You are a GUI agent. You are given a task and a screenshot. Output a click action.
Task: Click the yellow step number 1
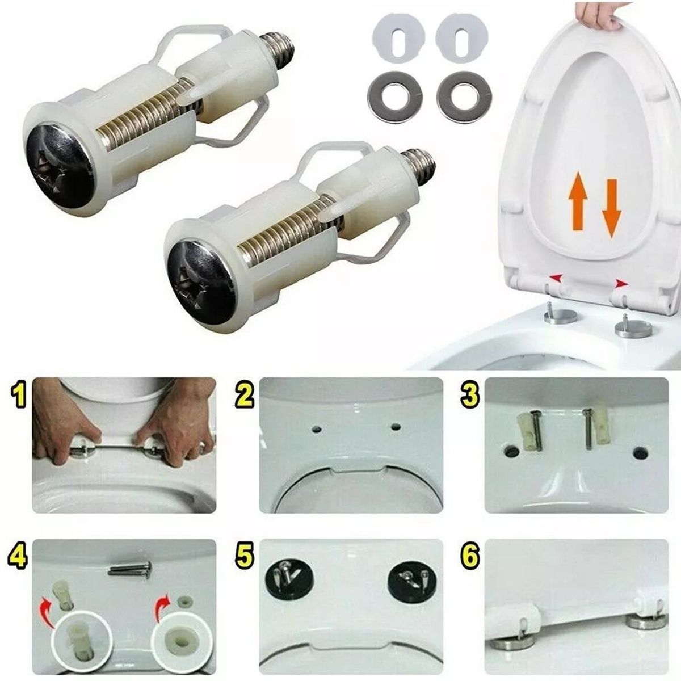coord(19,396)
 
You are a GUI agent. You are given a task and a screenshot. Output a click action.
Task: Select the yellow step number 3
coord(469,396)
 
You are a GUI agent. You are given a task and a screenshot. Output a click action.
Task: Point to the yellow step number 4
coord(19,557)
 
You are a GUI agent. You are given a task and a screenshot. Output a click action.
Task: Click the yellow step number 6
coord(469,557)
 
